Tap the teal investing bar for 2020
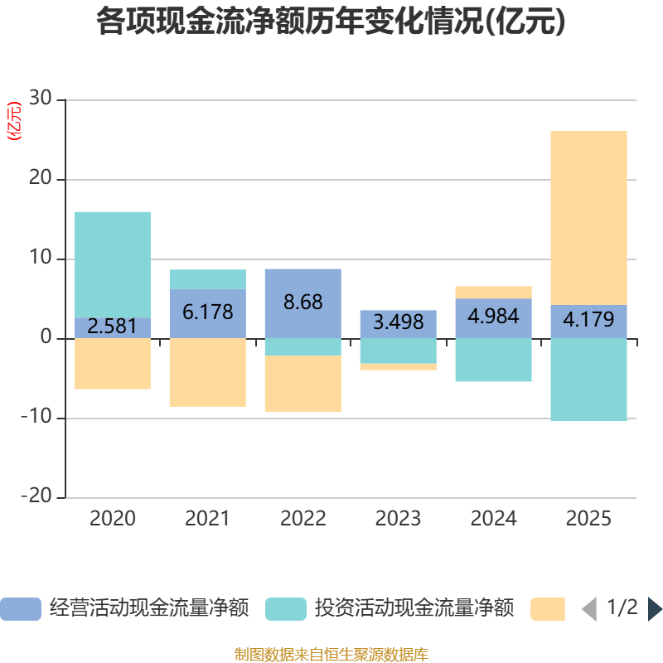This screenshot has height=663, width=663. (x=113, y=264)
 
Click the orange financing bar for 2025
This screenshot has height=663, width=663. (x=588, y=217)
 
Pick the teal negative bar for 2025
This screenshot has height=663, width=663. (x=588, y=380)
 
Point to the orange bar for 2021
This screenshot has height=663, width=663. (x=207, y=372)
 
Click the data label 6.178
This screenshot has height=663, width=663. (x=207, y=312)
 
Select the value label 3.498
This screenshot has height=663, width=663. (x=398, y=322)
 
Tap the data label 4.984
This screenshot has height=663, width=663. (x=493, y=317)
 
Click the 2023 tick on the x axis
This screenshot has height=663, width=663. (x=398, y=519)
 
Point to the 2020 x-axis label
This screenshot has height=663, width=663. (x=113, y=519)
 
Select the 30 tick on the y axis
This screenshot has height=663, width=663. (x=40, y=99)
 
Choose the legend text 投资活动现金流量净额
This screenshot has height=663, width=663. (x=414, y=608)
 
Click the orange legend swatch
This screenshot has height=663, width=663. (x=547, y=609)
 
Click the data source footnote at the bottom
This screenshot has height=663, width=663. (x=331, y=655)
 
